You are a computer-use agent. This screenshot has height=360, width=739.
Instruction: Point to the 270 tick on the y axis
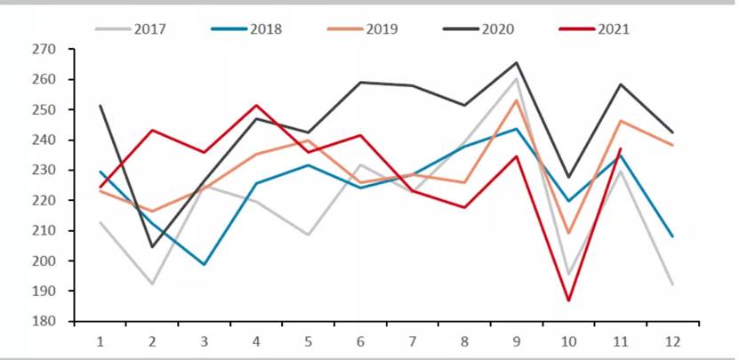44,50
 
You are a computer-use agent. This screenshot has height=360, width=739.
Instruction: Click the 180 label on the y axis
44,321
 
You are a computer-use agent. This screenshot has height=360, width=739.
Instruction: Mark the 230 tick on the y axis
44,170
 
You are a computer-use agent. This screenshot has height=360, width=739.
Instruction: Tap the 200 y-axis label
44,260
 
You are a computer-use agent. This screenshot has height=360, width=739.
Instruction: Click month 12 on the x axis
672,341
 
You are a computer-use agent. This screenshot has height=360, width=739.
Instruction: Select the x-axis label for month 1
100,341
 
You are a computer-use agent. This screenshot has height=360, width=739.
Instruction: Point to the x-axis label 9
517,341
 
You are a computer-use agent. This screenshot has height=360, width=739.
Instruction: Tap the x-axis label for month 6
361,341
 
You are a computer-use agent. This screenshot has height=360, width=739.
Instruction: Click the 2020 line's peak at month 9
517,63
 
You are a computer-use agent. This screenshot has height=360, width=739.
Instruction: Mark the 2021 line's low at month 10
568,300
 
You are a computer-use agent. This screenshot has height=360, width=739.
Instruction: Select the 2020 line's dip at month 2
152,247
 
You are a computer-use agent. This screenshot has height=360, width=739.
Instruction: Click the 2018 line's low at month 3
205,265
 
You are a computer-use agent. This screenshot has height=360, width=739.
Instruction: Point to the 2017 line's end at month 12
672,284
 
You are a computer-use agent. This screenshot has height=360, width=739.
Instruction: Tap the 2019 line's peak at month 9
517,100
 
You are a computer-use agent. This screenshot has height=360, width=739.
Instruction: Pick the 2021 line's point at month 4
256,105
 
